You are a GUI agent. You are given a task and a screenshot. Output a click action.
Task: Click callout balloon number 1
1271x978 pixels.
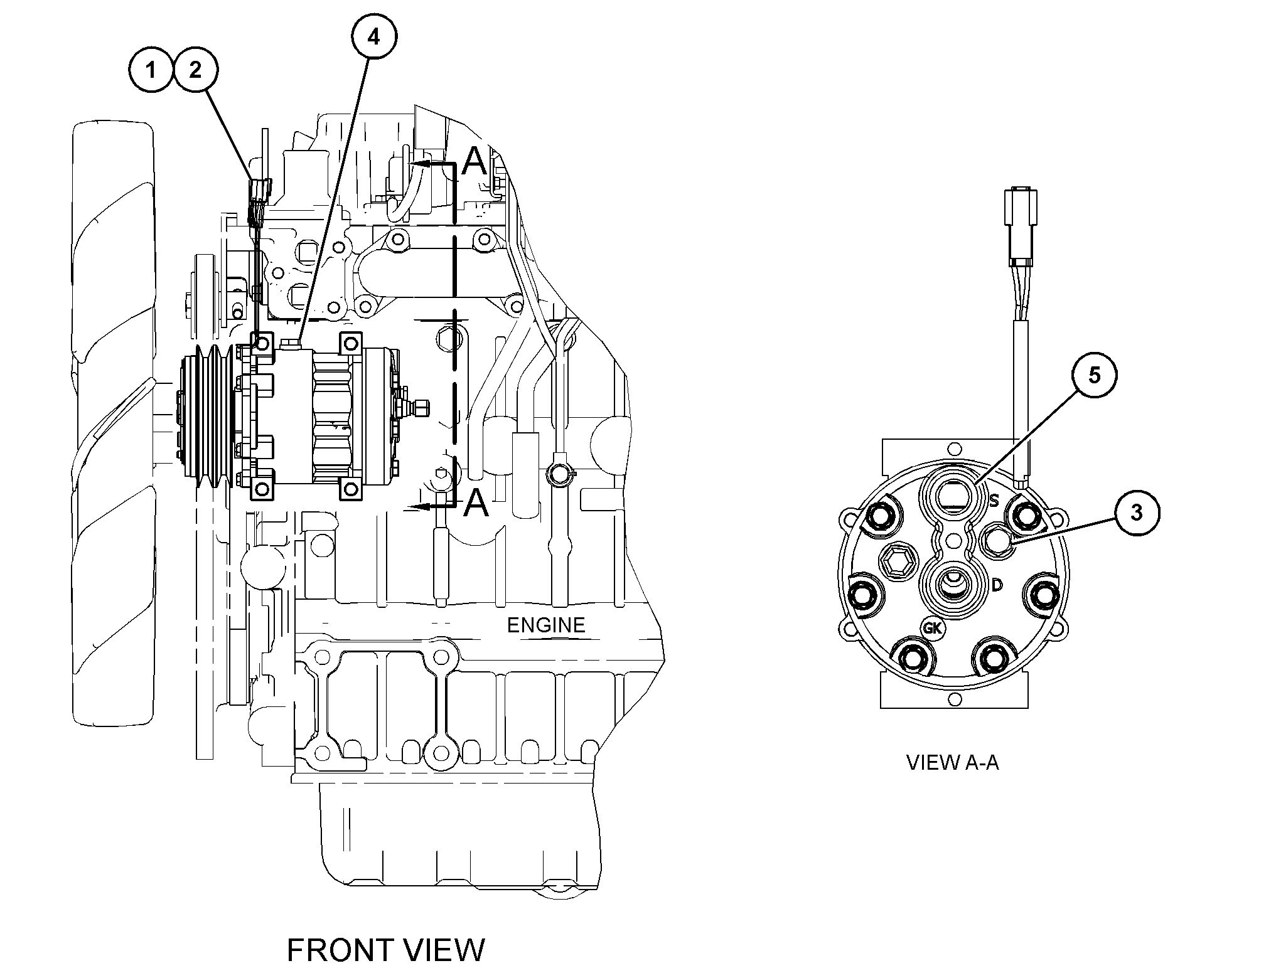(x=151, y=70)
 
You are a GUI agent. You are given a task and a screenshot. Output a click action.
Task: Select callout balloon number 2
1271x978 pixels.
(x=196, y=70)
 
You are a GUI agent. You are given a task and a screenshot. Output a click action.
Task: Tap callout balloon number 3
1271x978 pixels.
(x=1137, y=513)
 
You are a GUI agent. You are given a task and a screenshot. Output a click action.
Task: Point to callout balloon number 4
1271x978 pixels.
(x=373, y=37)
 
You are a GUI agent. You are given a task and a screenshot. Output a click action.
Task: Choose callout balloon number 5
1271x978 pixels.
(x=1094, y=375)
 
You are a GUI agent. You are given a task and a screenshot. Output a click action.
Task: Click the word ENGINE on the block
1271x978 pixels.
(x=545, y=625)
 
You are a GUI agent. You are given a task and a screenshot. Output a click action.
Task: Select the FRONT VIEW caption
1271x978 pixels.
(x=385, y=950)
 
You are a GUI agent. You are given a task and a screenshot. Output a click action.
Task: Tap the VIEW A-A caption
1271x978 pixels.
(x=952, y=762)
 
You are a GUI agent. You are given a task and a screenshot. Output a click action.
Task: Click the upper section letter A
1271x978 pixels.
(x=475, y=162)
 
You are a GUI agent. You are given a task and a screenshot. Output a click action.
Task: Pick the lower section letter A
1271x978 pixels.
(x=475, y=504)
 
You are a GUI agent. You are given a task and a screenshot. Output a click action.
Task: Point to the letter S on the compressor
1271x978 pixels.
(x=994, y=501)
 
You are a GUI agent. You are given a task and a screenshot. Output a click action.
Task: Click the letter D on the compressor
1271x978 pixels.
(x=997, y=585)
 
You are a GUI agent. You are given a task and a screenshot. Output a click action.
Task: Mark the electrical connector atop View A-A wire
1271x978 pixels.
(x=1019, y=228)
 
